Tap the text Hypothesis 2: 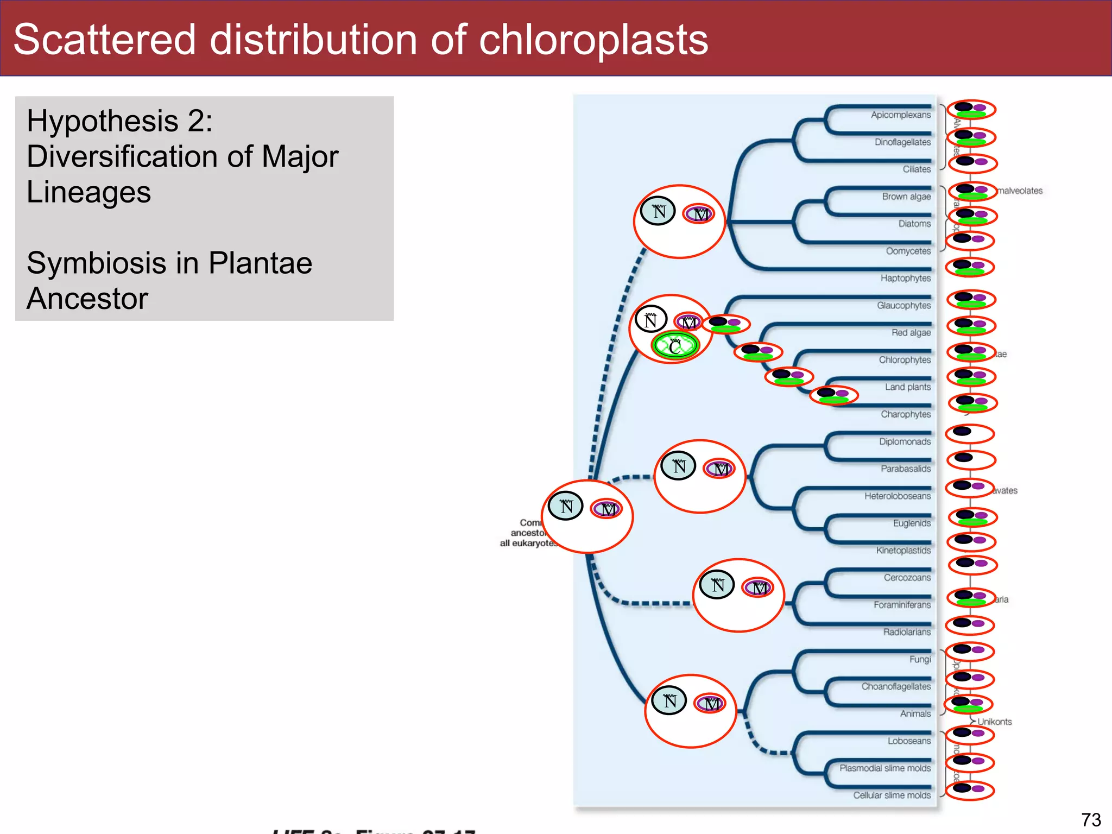click(119, 121)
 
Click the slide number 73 click(1091, 819)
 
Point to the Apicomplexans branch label click(900, 115)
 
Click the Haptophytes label click(905, 279)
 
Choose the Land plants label click(907, 387)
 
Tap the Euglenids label click(912, 523)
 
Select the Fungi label click(920, 659)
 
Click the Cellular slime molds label click(892, 795)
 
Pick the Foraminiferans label click(902, 605)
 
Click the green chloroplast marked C click(675, 346)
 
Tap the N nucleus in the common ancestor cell click(566, 506)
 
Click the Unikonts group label click(994, 722)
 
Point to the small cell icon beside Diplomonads click(970, 434)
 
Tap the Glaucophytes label click(903, 306)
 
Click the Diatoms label click(914, 224)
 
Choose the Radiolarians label click(906, 632)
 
